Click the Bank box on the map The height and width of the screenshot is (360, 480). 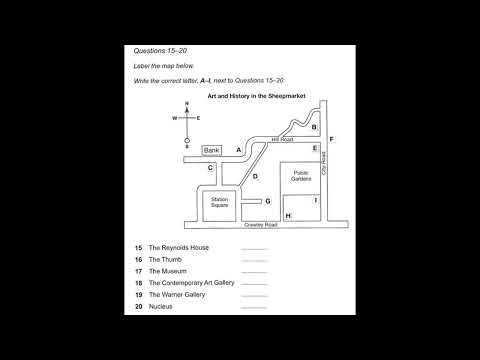coord(211,151)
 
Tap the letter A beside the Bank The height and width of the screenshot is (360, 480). coord(239,150)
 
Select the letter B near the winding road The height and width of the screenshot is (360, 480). coord(314,127)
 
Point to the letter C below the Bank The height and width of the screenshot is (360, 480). coord(210,168)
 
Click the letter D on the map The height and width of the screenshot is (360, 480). coord(255,177)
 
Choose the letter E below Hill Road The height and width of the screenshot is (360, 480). coord(315,149)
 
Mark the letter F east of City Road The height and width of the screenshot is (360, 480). coord(331,138)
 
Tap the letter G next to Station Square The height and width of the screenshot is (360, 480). coord(268,200)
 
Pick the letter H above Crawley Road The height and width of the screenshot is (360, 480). coord(288,215)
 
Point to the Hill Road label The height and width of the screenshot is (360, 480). coord(281,141)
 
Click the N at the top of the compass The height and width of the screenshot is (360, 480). coord(186,105)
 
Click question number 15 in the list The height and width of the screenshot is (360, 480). coord(139,246)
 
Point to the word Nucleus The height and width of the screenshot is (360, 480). coord(161,307)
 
